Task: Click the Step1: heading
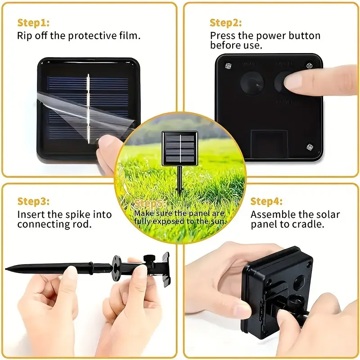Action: click(33, 22)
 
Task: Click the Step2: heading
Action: click(225, 22)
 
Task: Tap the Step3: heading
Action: click(33, 201)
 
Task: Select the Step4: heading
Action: click(266, 201)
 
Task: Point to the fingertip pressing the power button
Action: click(293, 81)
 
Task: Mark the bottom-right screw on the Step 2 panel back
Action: click(309, 147)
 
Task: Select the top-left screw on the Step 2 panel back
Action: click(227, 66)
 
